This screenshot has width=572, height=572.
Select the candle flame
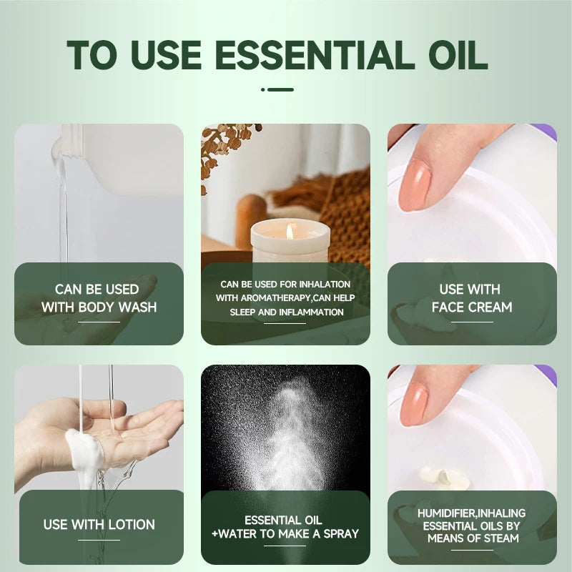pyautogui.click(x=290, y=231)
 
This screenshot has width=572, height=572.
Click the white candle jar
pyautogui.click(x=286, y=247)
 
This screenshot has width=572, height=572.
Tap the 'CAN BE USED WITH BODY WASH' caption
pyautogui.click(x=99, y=298)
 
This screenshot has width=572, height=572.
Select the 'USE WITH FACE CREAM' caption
pyautogui.click(x=472, y=298)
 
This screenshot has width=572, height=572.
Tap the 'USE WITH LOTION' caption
pyautogui.click(x=99, y=524)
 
